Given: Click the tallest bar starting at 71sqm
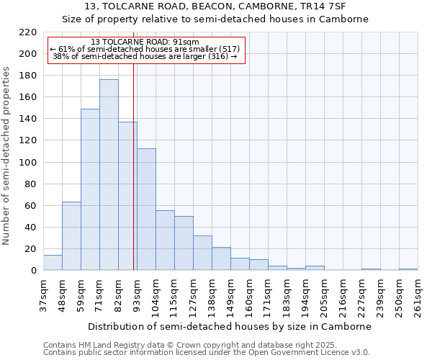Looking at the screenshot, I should pos(109,175).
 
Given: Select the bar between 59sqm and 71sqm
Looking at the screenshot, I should pos(90,189).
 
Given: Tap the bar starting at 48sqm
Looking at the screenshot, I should pos(71,236).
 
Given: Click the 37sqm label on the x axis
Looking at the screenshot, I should pos(43,295).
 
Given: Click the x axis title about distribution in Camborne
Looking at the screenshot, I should pos(230,326).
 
